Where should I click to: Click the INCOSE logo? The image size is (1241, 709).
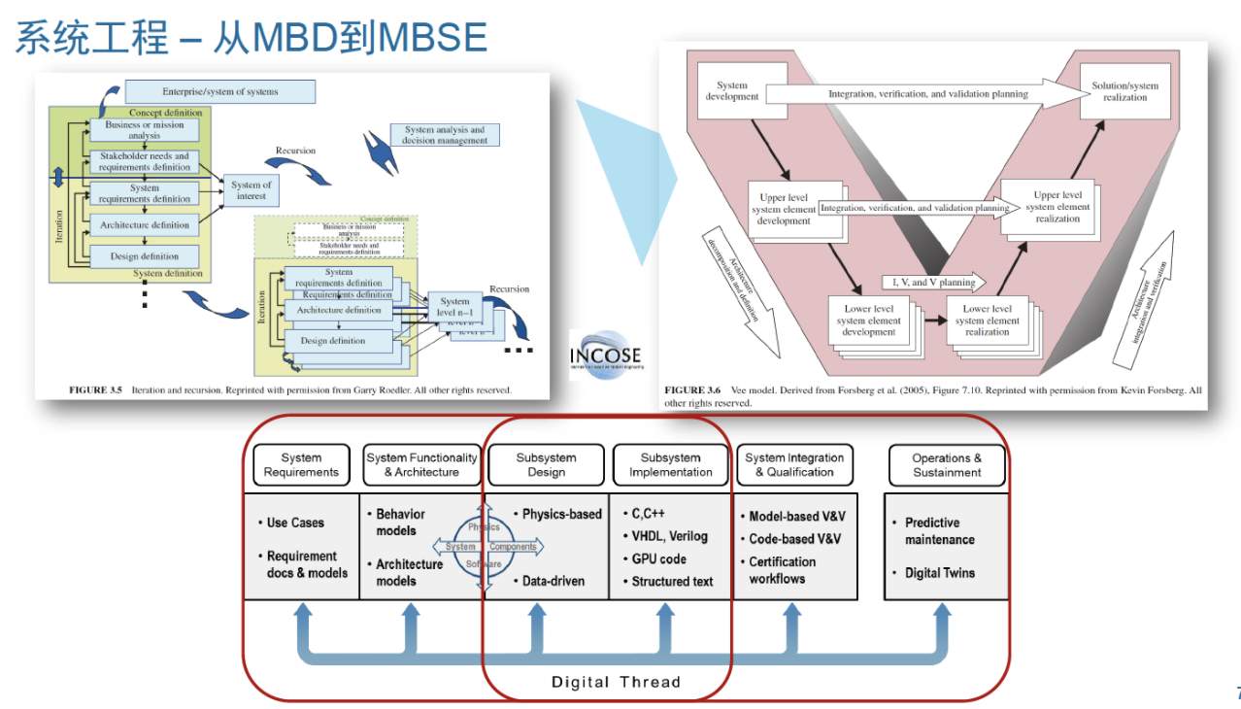605,354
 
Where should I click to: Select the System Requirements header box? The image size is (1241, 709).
301,465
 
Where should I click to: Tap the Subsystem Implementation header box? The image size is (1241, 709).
670,465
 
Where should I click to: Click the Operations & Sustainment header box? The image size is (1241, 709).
946,465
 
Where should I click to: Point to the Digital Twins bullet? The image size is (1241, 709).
939,573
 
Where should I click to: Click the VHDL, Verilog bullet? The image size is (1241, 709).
669,536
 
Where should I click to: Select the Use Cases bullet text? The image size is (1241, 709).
295,523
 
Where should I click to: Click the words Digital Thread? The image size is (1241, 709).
616,682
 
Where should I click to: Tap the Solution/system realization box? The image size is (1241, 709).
1124,91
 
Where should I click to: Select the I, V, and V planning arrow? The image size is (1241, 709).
932,282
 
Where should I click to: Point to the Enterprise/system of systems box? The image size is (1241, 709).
220,91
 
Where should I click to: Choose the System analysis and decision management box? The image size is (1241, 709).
445,135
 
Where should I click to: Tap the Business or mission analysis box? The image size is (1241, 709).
145,129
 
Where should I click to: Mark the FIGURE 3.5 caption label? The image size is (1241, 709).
95,389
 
